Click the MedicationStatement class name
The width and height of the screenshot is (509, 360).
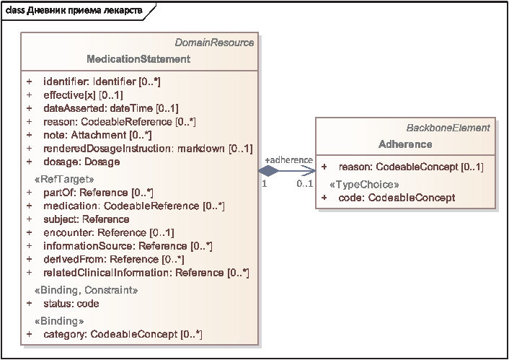click(138, 59)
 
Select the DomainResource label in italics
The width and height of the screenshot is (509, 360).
click(214, 43)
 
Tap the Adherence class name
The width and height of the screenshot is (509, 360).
click(405, 144)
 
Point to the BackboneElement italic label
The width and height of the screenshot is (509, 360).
click(448, 128)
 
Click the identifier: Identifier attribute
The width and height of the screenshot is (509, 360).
click(102, 82)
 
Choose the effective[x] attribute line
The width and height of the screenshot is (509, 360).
click(83, 95)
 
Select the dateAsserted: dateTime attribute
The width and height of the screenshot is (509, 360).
click(111, 108)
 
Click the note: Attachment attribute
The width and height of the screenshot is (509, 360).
click(98, 134)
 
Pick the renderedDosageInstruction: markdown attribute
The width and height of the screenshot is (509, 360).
click(148, 148)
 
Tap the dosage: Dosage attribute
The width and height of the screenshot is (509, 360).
click(81, 162)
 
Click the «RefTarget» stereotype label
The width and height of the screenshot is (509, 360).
click(64, 179)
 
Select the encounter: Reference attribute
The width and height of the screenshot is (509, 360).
click(109, 232)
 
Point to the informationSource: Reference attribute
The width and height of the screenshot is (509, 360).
click(128, 245)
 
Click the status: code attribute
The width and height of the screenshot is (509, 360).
click(71, 304)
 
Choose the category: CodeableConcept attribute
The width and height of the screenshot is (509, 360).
click(123, 334)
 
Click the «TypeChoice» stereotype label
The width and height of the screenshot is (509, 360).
click(364, 185)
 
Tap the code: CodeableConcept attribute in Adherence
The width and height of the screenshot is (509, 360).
click(397, 198)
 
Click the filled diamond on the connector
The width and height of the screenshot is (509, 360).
click(268, 170)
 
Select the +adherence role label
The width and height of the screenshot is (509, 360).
click(289, 160)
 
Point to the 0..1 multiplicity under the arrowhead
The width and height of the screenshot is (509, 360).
click(304, 183)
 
